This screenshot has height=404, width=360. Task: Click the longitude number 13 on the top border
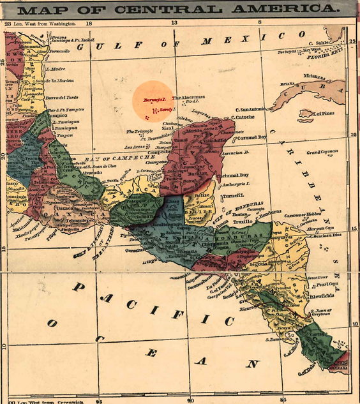[174, 23]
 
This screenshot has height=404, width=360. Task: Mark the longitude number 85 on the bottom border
[283, 400]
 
